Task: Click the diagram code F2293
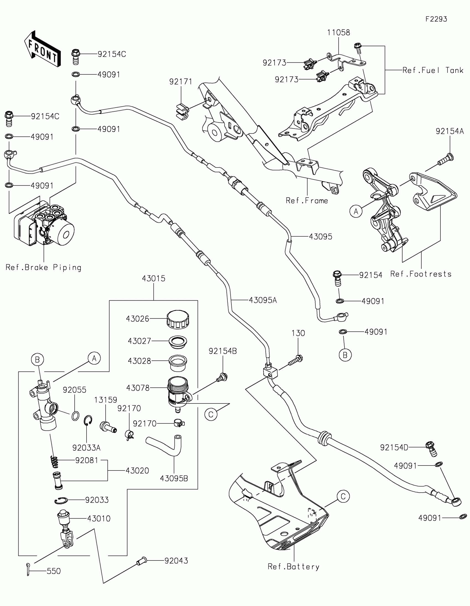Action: point(436,19)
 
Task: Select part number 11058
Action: point(338,33)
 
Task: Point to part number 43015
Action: point(153,278)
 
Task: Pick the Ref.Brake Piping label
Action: point(44,267)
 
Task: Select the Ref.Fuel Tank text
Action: point(433,70)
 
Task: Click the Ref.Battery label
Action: point(294,567)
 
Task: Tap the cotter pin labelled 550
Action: point(28,569)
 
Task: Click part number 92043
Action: point(176,561)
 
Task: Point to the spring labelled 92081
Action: point(54,461)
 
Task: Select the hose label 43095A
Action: point(263,300)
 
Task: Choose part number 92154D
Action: point(394,448)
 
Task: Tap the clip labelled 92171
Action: point(182,111)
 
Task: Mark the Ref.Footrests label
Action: point(421,274)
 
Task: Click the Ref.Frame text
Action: point(307,201)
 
